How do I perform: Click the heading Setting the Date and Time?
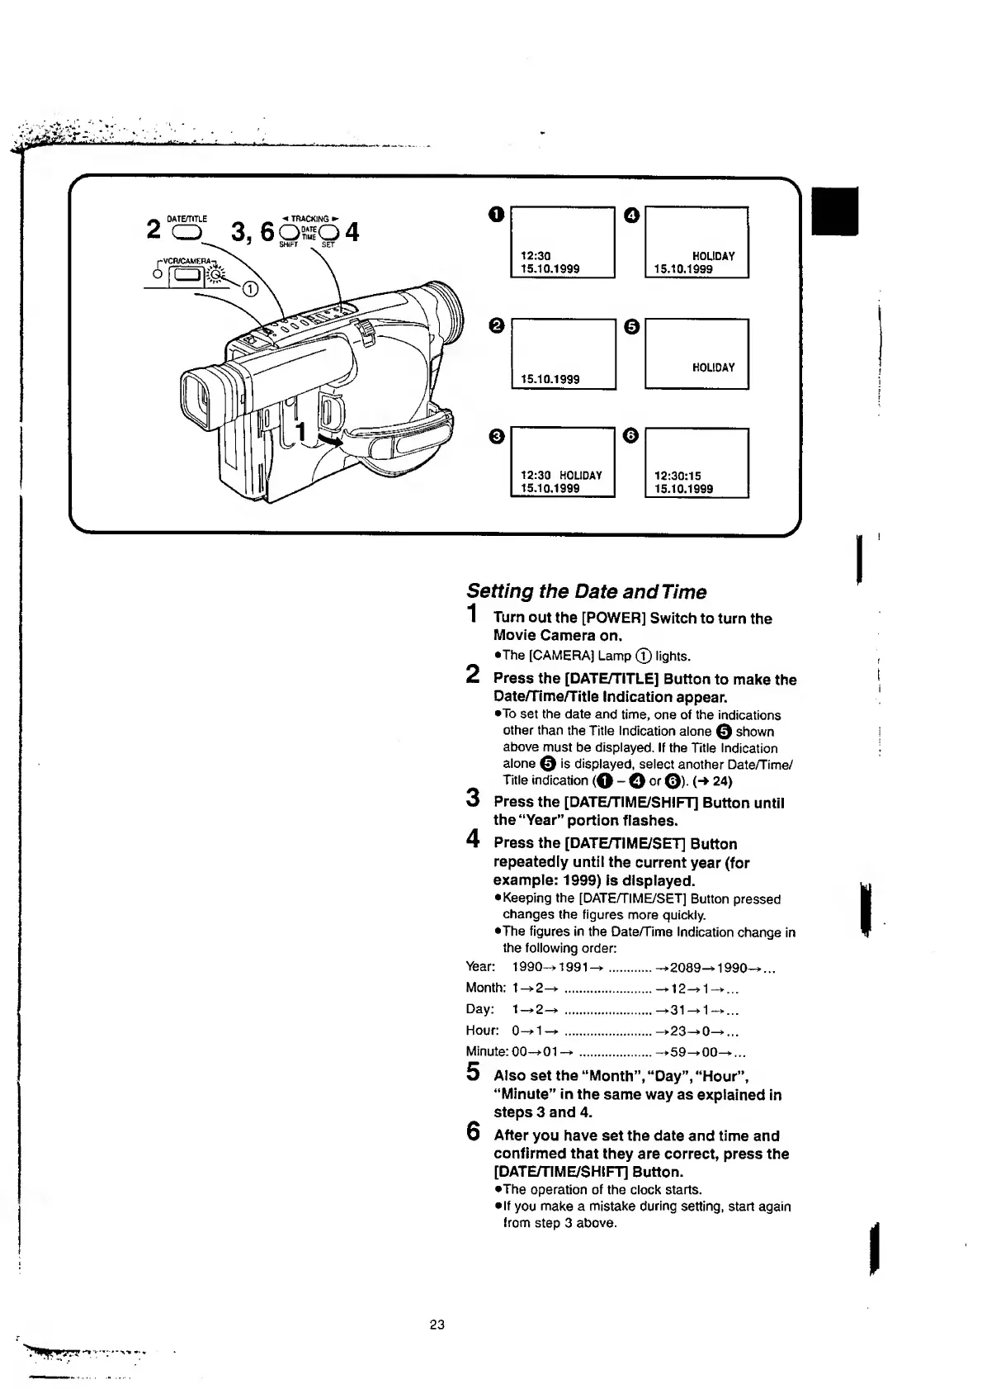tap(586, 591)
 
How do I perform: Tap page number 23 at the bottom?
tap(437, 1325)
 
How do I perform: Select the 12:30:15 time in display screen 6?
tap(677, 476)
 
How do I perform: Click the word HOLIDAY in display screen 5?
tap(714, 367)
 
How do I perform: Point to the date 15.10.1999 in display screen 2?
tap(550, 379)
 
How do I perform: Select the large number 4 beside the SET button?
tap(352, 232)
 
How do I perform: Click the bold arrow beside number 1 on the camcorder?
tap(328, 442)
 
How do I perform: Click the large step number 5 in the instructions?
tap(473, 1072)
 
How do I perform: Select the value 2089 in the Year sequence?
tap(685, 967)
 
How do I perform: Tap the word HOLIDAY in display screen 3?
tap(581, 476)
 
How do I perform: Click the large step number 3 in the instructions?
tap(473, 799)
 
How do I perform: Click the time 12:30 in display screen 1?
tap(536, 256)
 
